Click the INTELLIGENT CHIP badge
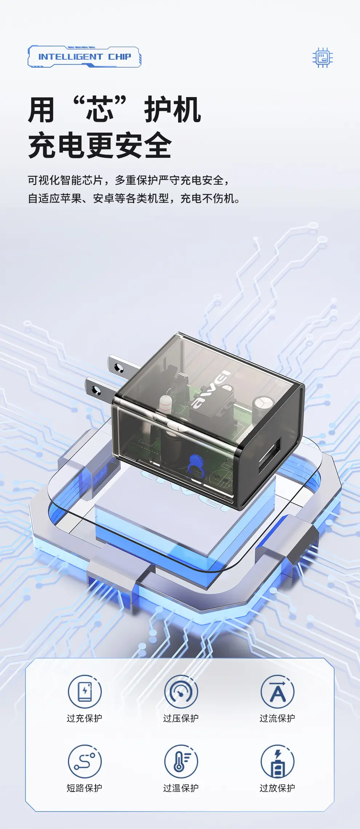click(84, 57)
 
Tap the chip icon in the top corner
click(323, 57)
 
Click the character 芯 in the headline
click(100, 109)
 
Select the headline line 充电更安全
click(100, 145)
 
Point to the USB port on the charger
click(269, 455)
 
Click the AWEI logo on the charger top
click(211, 389)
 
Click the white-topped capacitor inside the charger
click(263, 406)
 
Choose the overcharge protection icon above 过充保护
click(85, 692)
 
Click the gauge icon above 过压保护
click(181, 692)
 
